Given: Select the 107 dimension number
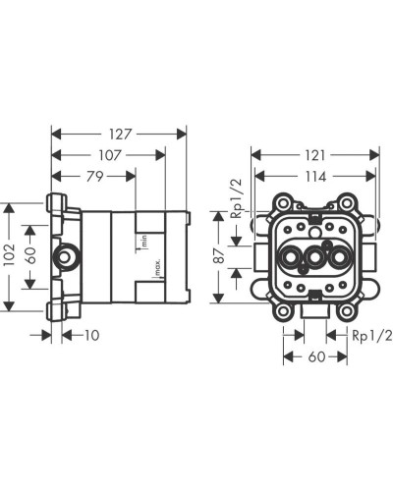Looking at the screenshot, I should click(x=108, y=154).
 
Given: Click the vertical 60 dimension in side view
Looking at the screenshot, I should click(x=32, y=257).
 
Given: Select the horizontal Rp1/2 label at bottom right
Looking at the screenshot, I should click(x=372, y=336).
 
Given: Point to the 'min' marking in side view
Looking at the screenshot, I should click(x=142, y=239).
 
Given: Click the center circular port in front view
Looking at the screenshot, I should click(x=315, y=259).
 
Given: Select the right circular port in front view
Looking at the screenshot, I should click(x=339, y=259).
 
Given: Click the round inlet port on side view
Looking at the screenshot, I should click(x=70, y=258).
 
